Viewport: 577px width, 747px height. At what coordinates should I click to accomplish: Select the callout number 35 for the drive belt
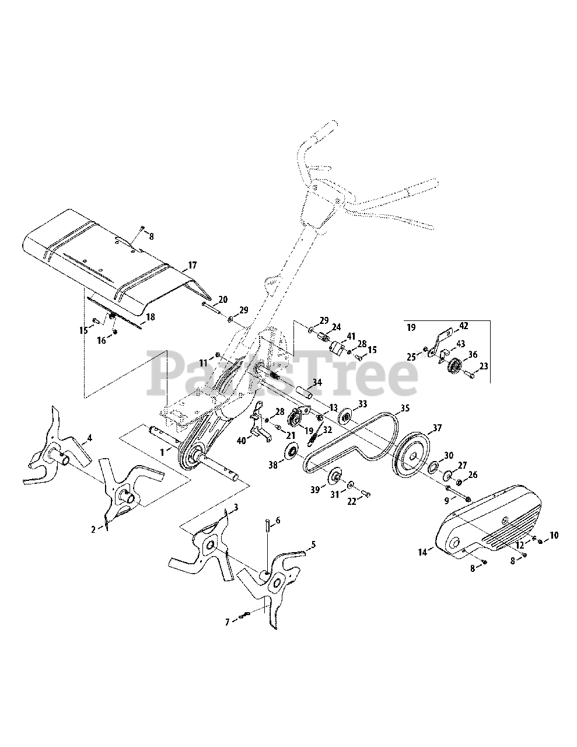(404, 409)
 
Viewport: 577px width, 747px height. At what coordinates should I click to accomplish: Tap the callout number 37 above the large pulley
(436, 428)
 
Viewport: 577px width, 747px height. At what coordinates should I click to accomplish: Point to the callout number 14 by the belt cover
(432, 549)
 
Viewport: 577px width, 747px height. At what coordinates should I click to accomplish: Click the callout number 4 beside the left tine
(89, 437)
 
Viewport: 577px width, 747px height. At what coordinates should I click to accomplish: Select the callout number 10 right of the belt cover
(554, 535)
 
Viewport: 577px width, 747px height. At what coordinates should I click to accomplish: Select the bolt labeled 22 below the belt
(366, 494)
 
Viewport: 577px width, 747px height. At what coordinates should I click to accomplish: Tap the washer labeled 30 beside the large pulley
(433, 469)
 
